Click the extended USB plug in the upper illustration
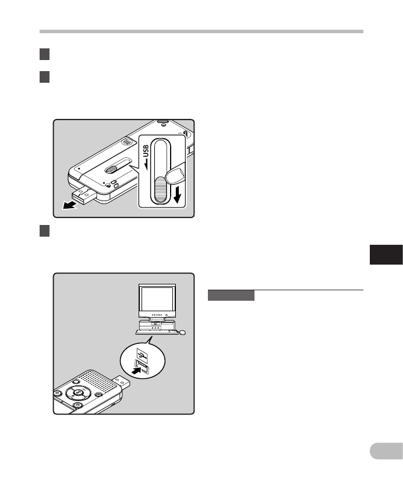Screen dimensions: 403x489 click(83, 195)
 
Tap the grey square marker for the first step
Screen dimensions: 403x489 click(44, 54)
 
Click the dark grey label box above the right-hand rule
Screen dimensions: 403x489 click(231, 295)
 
